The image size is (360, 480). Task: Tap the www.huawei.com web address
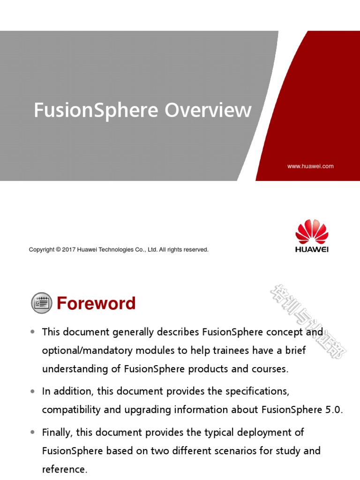(310, 166)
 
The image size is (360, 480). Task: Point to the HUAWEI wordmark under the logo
(312, 249)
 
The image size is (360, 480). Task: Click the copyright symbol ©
(59, 250)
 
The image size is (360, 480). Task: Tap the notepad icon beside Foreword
(41, 303)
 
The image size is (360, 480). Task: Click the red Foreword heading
(96, 304)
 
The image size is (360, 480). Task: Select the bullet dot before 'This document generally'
(32, 332)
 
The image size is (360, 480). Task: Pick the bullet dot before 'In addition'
(32, 390)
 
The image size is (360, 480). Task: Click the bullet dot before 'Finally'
(32, 432)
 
